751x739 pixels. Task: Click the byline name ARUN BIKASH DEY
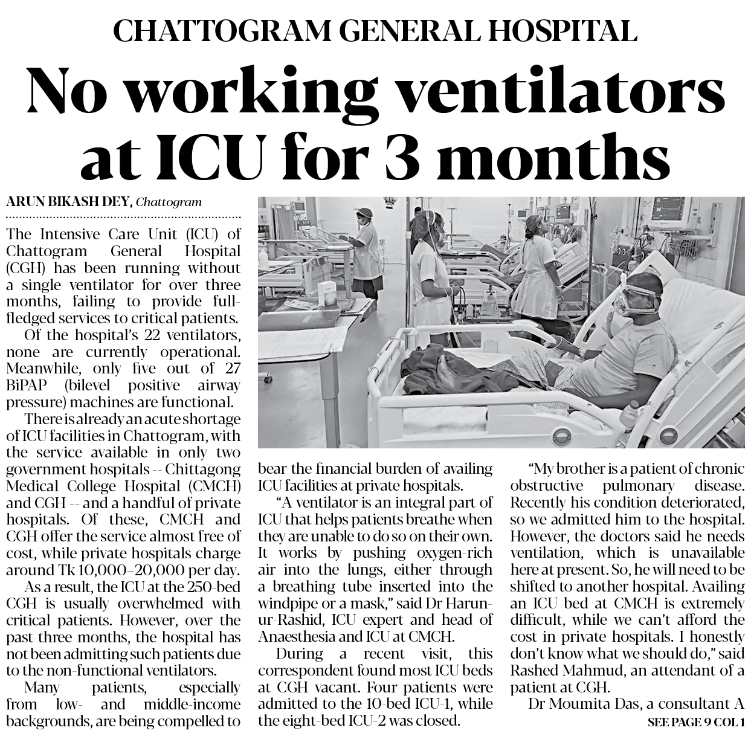coord(69,202)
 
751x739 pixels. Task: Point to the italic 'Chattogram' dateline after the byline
coord(169,202)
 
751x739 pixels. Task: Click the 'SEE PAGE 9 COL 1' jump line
coord(696,722)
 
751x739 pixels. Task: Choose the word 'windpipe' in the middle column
coord(287,603)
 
